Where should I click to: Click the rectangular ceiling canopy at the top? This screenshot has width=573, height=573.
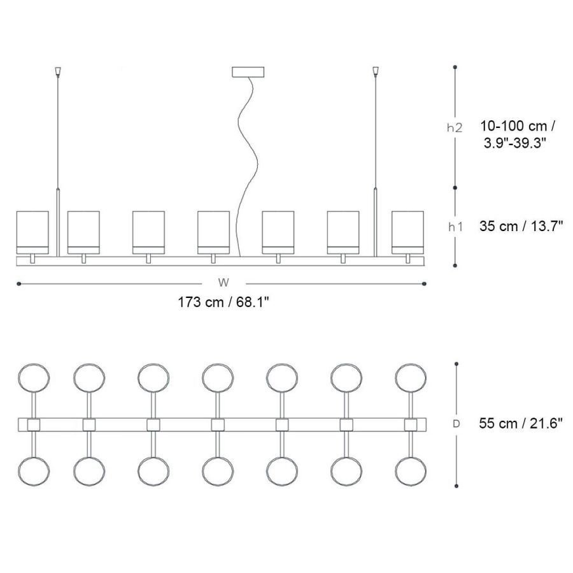pyautogui.click(x=248, y=71)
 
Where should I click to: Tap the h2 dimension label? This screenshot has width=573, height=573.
pyautogui.click(x=455, y=127)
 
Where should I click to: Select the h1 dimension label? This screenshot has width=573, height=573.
pyautogui.click(x=455, y=227)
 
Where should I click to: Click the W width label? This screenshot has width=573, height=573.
pyautogui.click(x=223, y=283)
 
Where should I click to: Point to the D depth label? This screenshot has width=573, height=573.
pyautogui.click(x=456, y=424)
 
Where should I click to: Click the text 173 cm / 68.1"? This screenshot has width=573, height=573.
pyautogui.click(x=223, y=302)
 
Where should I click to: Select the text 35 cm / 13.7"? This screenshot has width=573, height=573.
pyautogui.click(x=521, y=226)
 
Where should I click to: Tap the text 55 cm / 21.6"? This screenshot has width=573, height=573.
pyautogui.click(x=520, y=423)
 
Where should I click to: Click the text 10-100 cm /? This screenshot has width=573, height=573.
pyautogui.click(x=518, y=126)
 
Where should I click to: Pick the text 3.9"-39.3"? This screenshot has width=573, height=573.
pyautogui.click(x=515, y=143)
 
